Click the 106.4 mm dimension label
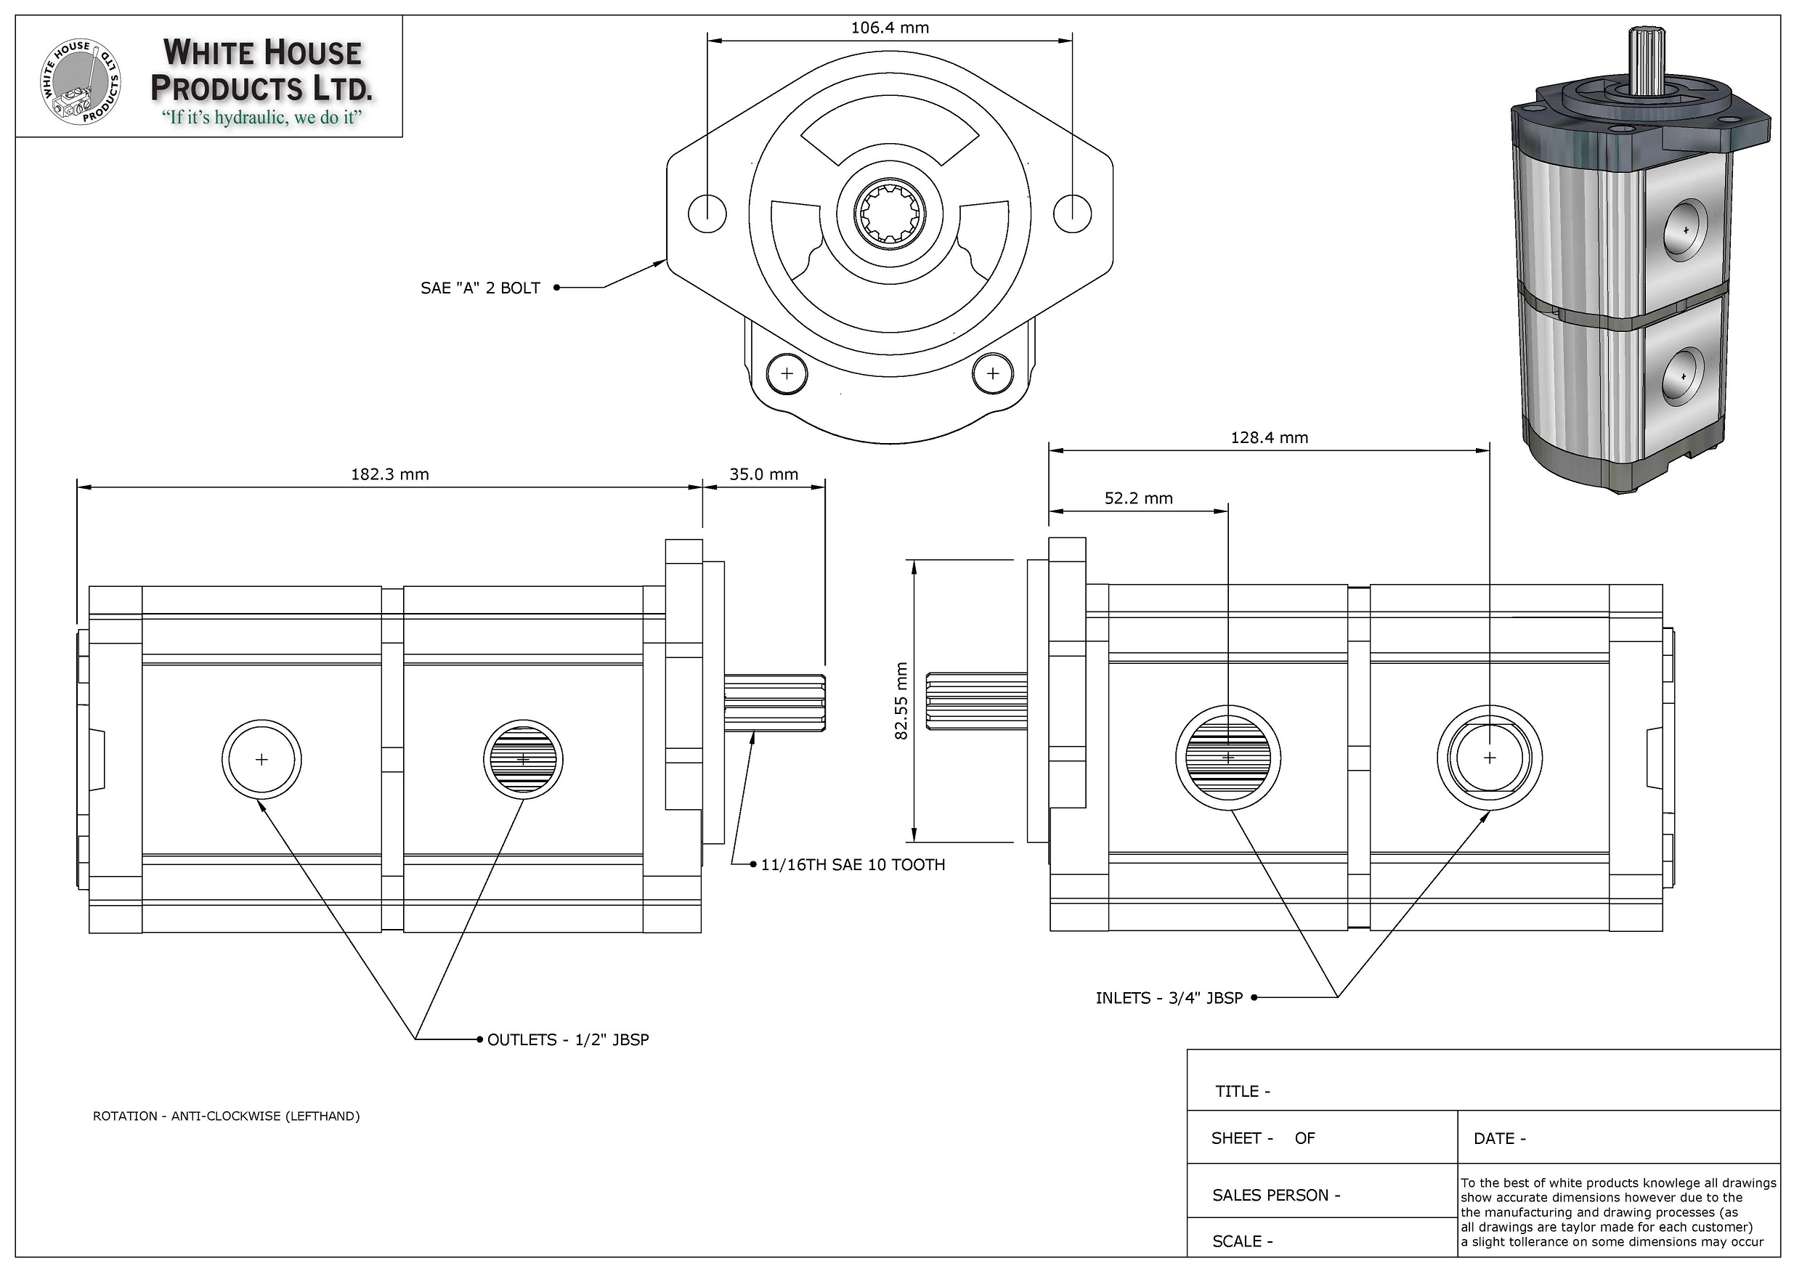[x=889, y=28]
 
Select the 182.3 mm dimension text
[x=389, y=474]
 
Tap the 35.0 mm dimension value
[x=763, y=474]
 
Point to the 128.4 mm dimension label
[x=1268, y=438]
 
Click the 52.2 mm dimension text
[x=1138, y=498]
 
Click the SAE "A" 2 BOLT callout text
[x=480, y=288]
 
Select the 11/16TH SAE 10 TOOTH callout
[x=853, y=865]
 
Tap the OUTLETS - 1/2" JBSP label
[x=567, y=1040]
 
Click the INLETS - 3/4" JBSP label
[x=1169, y=999]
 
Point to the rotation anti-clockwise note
[x=226, y=1116]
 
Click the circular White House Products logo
[x=81, y=82]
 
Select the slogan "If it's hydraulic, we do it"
[x=261, y=118]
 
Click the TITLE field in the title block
[x=1243, y=1091]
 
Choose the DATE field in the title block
[x=1499, y=1138]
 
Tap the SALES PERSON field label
[x=1275, y=1196]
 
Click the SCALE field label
[x=1241, y=1241]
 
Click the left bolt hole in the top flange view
[x=707, y=213]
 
